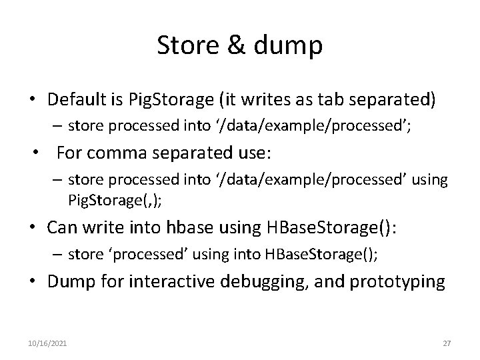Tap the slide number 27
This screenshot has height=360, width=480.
447,343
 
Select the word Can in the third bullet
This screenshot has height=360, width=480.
61,227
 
